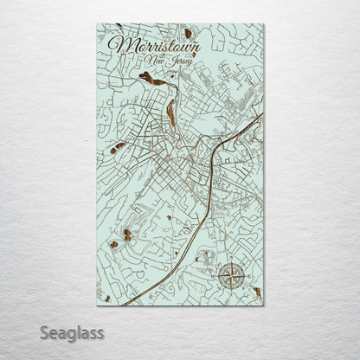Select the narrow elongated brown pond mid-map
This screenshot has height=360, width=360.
(174, 110)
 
